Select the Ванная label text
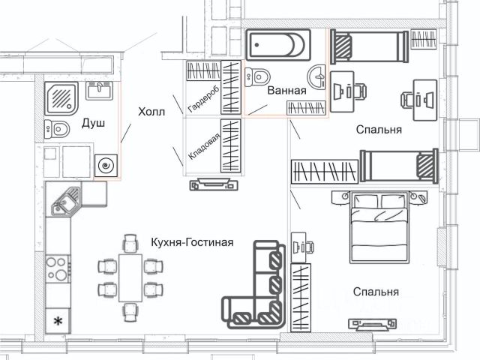[x=286, y=91]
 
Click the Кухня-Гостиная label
[x=193, y=242]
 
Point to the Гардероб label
[x=195, y=98]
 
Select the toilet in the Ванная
[x=259, y=76]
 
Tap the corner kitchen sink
[x=64, y=198]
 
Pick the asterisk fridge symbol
[x=56, y=321]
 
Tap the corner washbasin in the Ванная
[x=316, y=74]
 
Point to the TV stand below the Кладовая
[x=216, y=183]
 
